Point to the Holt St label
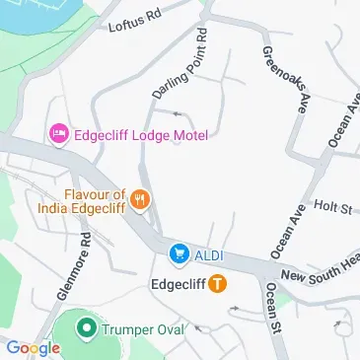332,207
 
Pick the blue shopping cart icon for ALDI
179,254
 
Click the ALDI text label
208,255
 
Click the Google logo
33,348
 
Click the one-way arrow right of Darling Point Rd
179,113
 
